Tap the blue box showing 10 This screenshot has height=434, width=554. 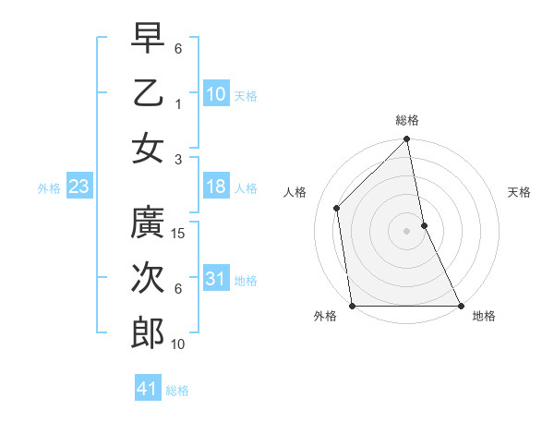[216, 94]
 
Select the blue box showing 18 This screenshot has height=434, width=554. [216, 187]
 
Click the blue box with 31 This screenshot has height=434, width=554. [216, 279]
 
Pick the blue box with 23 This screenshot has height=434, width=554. [79, 187]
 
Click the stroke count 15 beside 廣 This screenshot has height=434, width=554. [179, 234]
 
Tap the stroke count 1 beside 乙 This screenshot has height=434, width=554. [178, 104]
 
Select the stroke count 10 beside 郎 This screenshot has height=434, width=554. [179, 344]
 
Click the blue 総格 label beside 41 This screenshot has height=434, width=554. [177, 391]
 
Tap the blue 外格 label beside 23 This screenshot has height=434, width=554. [49, 188]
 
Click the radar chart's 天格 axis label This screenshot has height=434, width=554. [519, 192]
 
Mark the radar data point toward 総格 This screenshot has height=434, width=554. [406, 140]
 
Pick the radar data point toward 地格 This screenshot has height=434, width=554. [460, 306]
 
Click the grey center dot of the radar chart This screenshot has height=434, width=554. [406, 231]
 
